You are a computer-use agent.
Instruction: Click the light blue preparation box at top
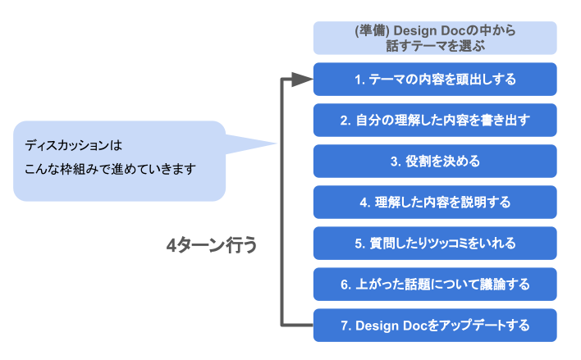pyautogui.click(x=435, y=38)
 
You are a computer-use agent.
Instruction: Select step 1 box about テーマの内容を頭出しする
pyautogui.click(x=435, y=80)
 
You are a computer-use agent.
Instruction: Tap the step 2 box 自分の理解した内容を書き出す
pyautogui.click(x=435, y=120)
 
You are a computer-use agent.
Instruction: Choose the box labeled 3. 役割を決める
pyautogui.click(x=435, y=161)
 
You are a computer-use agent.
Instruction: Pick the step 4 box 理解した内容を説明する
pyautogui.click(x=435, y=203)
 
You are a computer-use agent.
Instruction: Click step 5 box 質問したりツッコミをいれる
pyautogui.click(x=435, y=244)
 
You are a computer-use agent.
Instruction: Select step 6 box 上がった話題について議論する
pyautogui.click(x=435, y=284)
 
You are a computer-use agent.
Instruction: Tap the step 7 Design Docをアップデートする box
pyautogui.click(x=435, y=326)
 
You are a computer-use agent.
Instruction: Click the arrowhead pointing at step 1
pyautogui.click(x=302, y=79)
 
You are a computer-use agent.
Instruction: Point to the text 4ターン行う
pyautogui.click(x=212, y=245)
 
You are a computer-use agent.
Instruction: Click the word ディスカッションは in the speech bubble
pyautogui.click(x=73, y=145)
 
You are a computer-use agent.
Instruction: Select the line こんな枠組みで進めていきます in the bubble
pyautogui.click(x=110, y=169)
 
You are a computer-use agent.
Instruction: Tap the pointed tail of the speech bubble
pyautogui.click(x=276, y=144)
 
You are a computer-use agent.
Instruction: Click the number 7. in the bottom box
pyautogui.click(x=346, y=326)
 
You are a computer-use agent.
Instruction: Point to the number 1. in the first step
pyautogui.click(x=359, y=80)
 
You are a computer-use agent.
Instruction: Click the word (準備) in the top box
pyautogui.click(x=372, y=30)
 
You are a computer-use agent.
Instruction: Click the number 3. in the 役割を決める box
pyautogui.click(x=396, y=162)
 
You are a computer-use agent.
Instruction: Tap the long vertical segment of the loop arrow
pyautogui.click(x=282, y=202)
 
